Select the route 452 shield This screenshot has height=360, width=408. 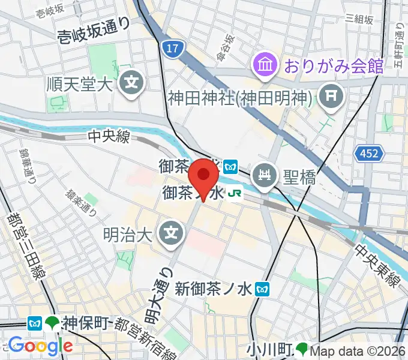pyautogui.click(x=370, y=154)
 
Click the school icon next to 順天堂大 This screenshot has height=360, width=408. pyautogui.click(x=130, y=82)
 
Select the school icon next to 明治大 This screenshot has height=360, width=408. pyautogui.click(x=172, y=229)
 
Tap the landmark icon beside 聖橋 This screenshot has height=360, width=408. pyautogui.click(x=265, y=175)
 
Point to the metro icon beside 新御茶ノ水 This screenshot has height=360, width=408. pyautogui.click(x=262, y=289)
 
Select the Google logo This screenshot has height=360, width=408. pyautogui.click(x=40, y=345)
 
